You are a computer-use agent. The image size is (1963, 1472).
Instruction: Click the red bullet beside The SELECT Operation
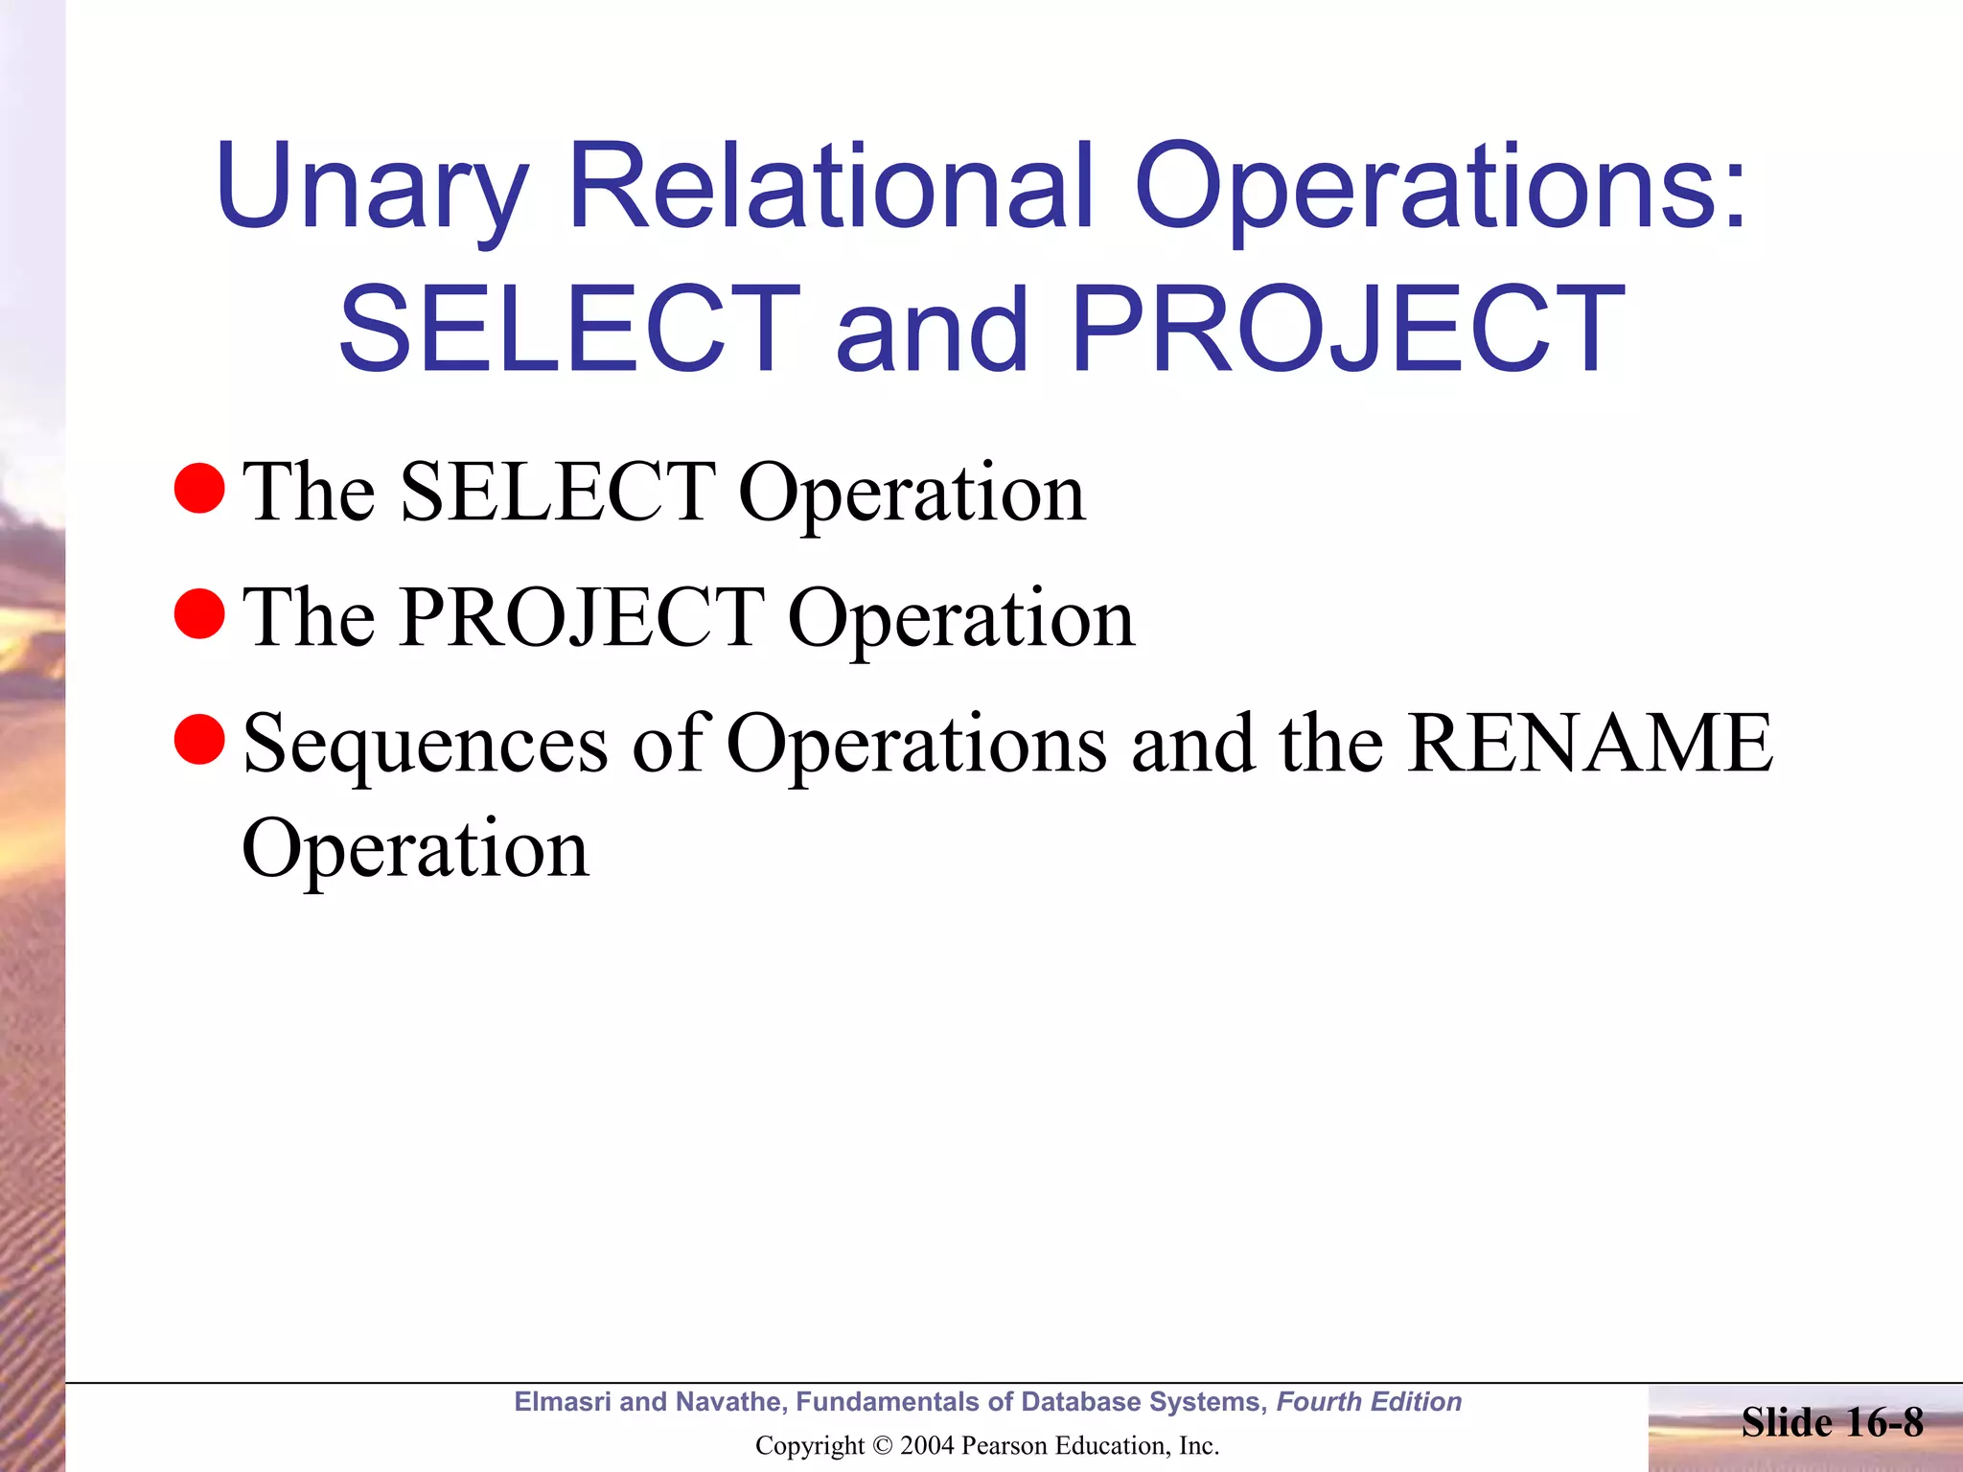(x=199, y=488)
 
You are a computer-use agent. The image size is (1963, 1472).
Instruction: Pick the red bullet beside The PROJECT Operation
(x=199, y=613)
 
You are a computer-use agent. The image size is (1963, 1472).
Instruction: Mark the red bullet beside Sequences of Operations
(x=199, y=739)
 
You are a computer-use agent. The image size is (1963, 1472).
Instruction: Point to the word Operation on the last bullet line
(x=415, y=848)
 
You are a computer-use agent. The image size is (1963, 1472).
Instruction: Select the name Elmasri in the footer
(x=563, y=1401)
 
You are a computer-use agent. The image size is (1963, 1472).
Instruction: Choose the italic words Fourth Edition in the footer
(x=1369, y=1401)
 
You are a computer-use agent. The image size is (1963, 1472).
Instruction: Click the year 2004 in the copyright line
(x=927, y=1445)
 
